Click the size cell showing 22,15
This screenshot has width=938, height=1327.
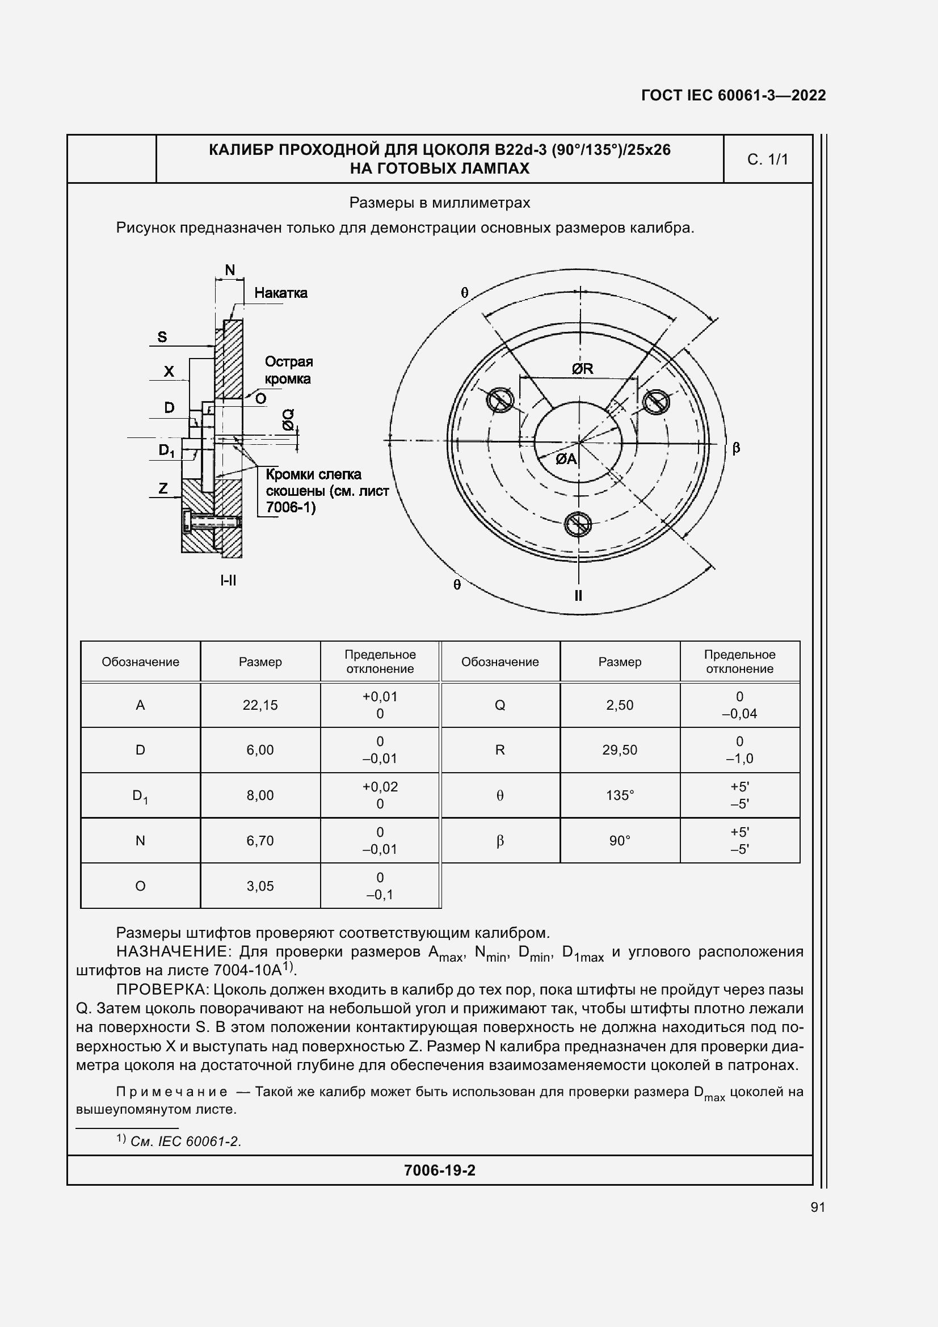coord(260,705)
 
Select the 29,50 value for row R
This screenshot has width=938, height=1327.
coord(620,750)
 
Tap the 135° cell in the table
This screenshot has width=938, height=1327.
coord(620,795)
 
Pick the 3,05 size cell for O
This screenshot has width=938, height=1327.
coord(260,886)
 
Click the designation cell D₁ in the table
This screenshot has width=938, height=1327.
coord(140,796)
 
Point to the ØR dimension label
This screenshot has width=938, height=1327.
coord(583,369)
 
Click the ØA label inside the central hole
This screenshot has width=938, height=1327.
coord(566,459)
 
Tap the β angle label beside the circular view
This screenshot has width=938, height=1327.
coord(737,448)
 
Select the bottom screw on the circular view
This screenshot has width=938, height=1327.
coord(578,524)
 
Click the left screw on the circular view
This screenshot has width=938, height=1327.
coord(500,399)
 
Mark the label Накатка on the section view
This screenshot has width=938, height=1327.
coord(281,293)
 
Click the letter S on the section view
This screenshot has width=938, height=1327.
coord(162,337)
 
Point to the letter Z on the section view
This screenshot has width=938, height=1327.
coord(163,488)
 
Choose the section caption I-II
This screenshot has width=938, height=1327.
coord(228,580)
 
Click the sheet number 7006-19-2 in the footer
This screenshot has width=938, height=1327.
coord(440,1170)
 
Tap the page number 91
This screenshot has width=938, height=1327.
coord(818,1207)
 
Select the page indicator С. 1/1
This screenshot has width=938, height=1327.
coord(768,159)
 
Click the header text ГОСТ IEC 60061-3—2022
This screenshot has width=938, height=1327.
coord(733,95)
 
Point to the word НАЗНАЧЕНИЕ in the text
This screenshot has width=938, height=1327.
coord(174,951)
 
